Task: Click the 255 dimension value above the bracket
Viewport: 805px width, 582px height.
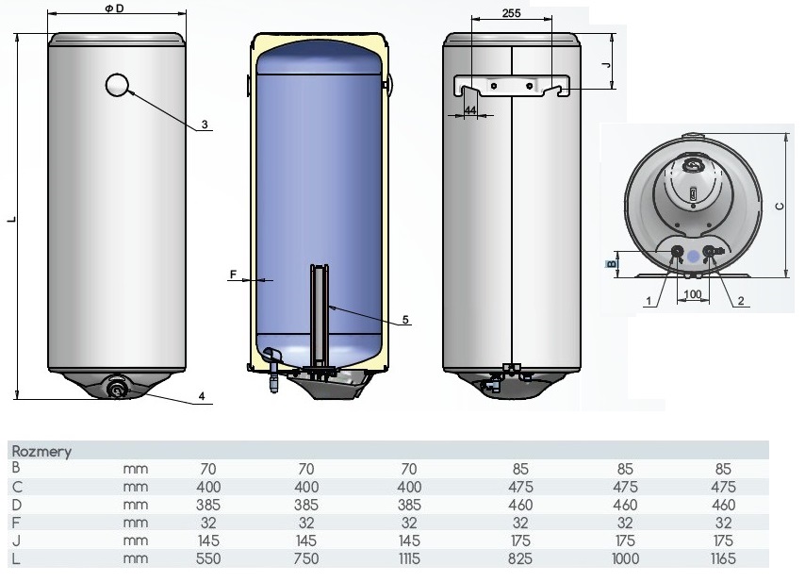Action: pos(511,13)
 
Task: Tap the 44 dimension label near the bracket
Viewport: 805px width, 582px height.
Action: pos(470,110)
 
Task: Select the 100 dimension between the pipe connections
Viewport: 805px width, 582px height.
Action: pos(693,294)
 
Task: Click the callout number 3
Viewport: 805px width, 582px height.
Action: pos(205,125)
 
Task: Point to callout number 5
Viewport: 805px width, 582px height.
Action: pos(405,320)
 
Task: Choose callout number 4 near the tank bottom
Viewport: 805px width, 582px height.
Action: pos(202,396)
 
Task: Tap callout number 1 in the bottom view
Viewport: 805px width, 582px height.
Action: pos(649,301)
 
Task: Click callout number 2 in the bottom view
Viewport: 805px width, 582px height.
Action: pos(741,301)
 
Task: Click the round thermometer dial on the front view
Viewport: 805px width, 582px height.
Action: pos(118,85)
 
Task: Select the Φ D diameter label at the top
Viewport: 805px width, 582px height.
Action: pos(114,8)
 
